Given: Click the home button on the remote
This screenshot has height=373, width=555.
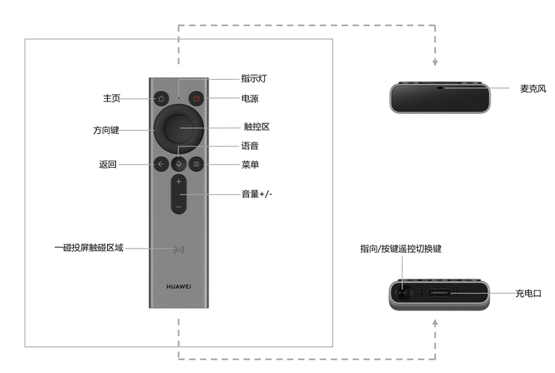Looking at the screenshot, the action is point(161,98).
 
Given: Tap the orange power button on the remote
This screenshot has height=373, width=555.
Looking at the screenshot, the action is point(196,98).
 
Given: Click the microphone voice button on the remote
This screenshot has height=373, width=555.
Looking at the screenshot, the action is point(178,164).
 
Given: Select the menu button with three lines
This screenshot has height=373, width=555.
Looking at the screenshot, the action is point(196,164).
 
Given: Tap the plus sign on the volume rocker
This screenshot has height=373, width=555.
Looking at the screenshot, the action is point(178,181).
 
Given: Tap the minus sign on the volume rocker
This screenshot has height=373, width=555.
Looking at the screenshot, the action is point(178,207).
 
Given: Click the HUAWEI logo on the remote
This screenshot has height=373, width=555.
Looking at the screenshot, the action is point(178,287).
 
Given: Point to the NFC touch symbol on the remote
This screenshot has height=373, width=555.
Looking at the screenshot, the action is point(178,249).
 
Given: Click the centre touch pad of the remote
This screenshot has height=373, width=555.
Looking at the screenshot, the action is point(178,128).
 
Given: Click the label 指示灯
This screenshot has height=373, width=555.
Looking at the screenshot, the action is point(254,78).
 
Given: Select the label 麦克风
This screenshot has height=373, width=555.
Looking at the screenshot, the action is point(533,89).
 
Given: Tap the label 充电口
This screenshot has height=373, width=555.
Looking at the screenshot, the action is point(528,294).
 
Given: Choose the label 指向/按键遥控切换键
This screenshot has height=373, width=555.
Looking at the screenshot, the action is point(401,249).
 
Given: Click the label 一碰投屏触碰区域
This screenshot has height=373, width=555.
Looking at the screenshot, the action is point(89,248).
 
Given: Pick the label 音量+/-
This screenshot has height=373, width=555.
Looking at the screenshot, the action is point(257,194).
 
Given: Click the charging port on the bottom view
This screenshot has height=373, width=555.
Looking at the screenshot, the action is point(439,293).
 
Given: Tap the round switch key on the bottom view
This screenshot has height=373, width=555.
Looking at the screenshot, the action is point(402,293).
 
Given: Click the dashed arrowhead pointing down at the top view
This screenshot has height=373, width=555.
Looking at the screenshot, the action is point(435,63).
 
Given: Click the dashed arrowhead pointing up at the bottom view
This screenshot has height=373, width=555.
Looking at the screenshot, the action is point(435,322).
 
